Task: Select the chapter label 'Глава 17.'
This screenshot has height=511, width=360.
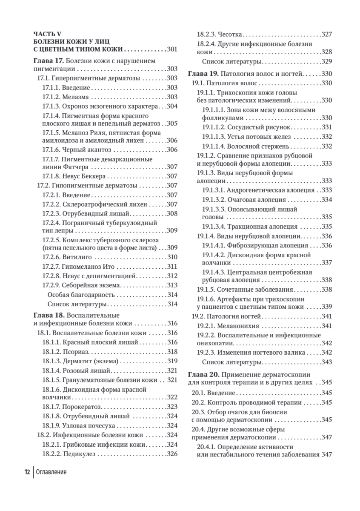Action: click(x=49, y=60)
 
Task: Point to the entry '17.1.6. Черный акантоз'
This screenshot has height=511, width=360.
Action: click(x=77, y=149)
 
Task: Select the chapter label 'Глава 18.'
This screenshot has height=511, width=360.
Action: click(x=49, y=315)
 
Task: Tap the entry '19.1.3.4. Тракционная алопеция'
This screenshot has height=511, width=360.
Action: click(x=250, y=227)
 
